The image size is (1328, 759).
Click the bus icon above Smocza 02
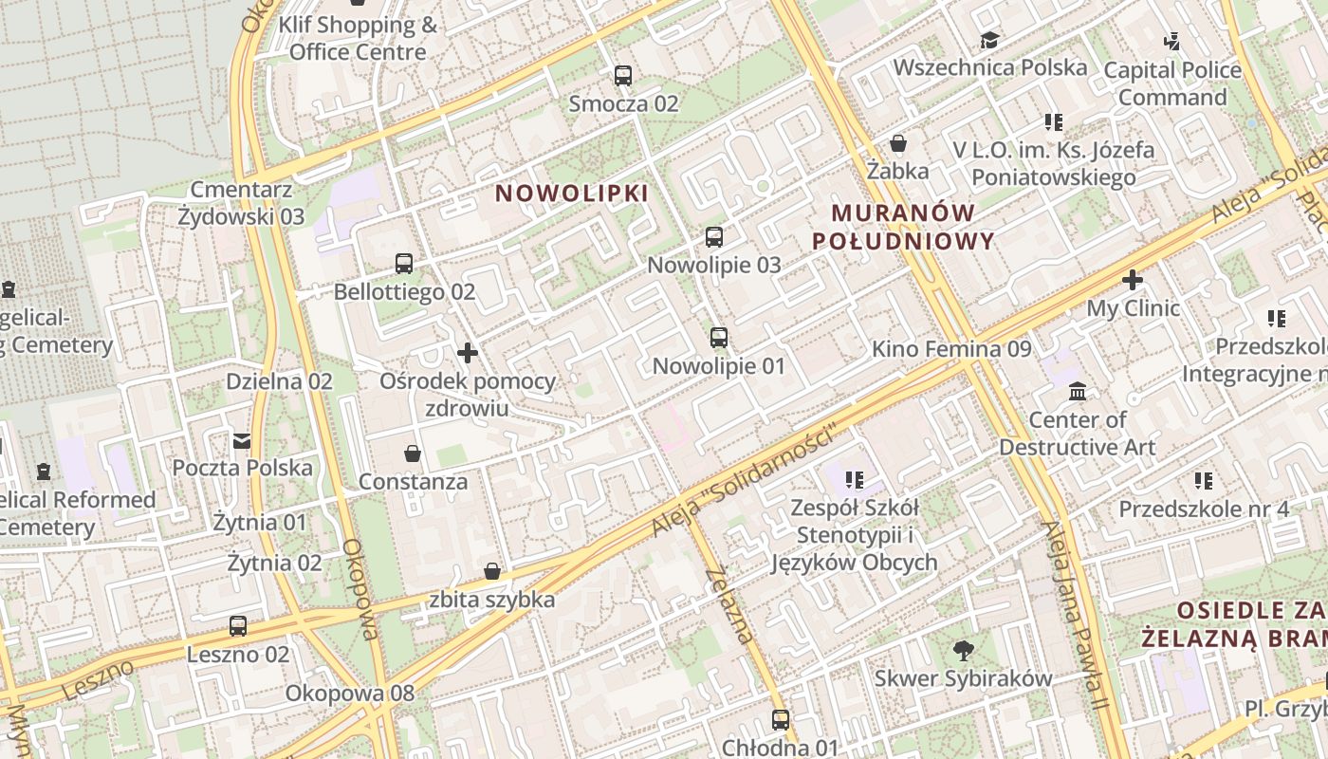(x=623, y=76)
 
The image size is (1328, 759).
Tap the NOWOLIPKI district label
(x=572, y=194)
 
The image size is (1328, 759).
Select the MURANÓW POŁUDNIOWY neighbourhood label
(x=903, y=227)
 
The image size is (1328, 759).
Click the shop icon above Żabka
(x=897, y=144)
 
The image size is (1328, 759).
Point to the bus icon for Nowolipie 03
(x=714, y=237)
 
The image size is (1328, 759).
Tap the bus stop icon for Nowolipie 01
(x=719, y=338)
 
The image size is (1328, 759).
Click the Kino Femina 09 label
(x=950, y=349)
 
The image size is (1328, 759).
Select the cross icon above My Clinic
(x=1132, y=281)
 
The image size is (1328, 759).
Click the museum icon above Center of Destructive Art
(x=1078, y=392)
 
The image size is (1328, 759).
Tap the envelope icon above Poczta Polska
(x=242, y=440)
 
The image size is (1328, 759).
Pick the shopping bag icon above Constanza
(x=413, y=454)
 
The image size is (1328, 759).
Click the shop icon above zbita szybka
(x=491, y=571)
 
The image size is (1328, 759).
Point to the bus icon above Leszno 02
(x=238, y=626)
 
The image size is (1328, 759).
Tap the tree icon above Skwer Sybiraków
(x=963, y=651)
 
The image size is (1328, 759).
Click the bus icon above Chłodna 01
(x=781, y=720)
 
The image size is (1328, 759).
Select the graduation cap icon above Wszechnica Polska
(x=989, y=40)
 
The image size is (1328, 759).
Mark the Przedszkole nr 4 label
(x=1204, y=509)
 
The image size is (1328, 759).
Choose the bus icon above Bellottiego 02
(x=404, y=264)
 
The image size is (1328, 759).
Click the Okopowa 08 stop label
(x=350, y=694)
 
